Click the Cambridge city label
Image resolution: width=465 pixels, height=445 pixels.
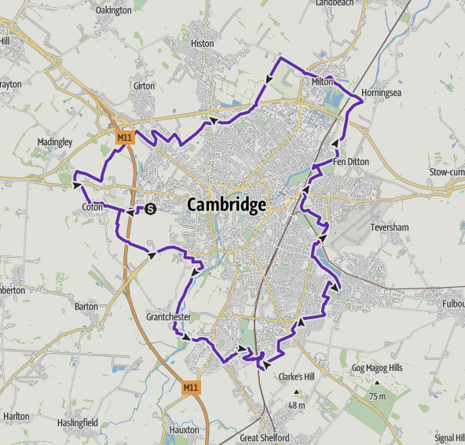(226, 205)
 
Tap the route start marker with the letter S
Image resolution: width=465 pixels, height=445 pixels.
(150, 208)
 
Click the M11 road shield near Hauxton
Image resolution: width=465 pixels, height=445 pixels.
(192, 388)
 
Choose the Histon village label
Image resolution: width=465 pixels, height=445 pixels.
(202, 44)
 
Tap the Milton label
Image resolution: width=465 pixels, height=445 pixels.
(322, 81)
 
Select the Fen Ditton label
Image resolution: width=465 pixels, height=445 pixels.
(350, 162)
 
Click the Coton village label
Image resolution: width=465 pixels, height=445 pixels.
(93, 208)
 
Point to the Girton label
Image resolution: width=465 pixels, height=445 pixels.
(145, 85)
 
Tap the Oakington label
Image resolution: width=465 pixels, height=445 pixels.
(112, 11)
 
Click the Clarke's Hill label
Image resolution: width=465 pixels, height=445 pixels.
(296, 377)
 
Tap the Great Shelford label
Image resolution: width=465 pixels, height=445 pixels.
(265, 438)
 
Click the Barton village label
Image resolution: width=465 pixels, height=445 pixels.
(86, 306)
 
